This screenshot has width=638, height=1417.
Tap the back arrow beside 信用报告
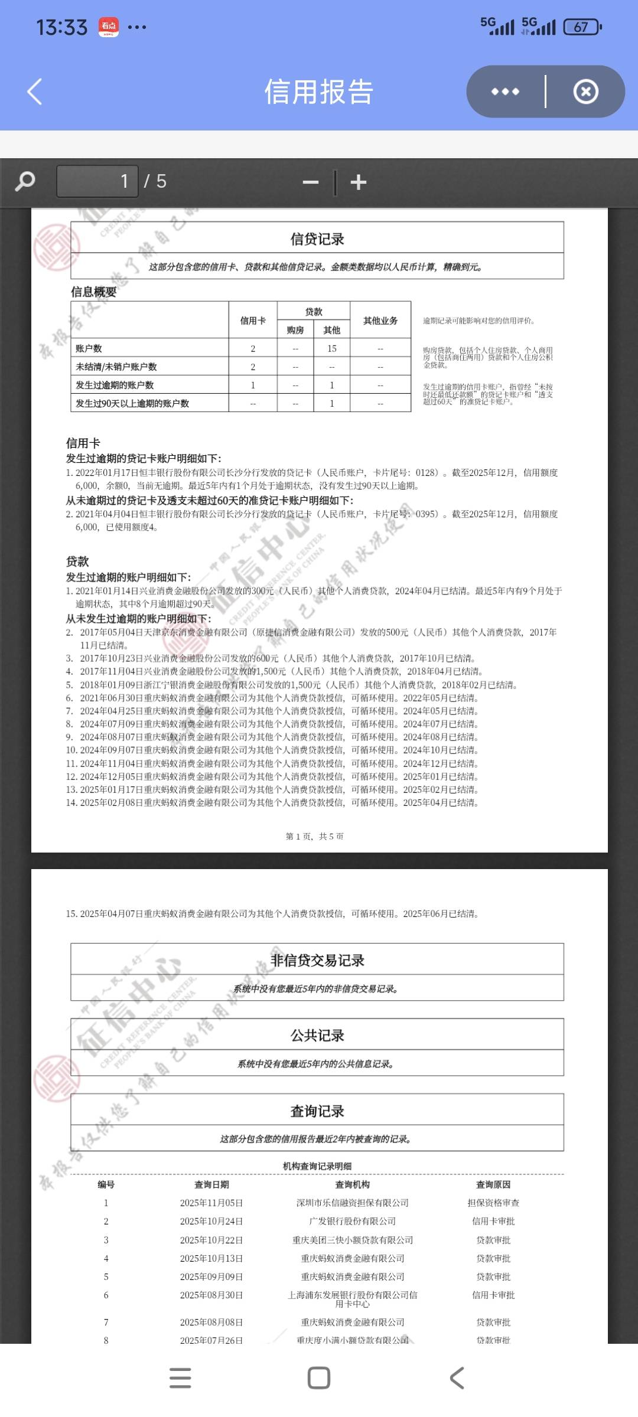pos(35,92)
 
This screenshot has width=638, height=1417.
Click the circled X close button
pos(585,92)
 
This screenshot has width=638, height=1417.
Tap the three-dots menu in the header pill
pos(505,92)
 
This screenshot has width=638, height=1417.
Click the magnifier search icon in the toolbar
pos(25,181)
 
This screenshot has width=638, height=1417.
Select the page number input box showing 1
pos(97,181)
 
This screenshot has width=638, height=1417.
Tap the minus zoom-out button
pos(311,182)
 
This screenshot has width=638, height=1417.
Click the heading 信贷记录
pos(317,239)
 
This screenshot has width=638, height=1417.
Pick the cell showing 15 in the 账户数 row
pos(332,349)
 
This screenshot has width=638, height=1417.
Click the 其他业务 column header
pos(380,321)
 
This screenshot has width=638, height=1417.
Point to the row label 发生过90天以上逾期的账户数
pos(132,404)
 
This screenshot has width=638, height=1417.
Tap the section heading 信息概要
pos(94,292)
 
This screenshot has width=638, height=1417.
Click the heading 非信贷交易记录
pos(317,961)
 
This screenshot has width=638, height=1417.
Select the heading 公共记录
pos(317,1036)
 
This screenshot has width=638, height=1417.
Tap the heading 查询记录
pos(317,1111)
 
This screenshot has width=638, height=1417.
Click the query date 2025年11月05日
pos(211,1203)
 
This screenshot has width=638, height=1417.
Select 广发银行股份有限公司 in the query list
pos(353,1222)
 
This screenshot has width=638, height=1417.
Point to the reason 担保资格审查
pos(493,1203)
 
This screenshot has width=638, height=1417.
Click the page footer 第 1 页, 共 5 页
pos(315,837)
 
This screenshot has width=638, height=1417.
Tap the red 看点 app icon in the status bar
pos(109,27)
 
